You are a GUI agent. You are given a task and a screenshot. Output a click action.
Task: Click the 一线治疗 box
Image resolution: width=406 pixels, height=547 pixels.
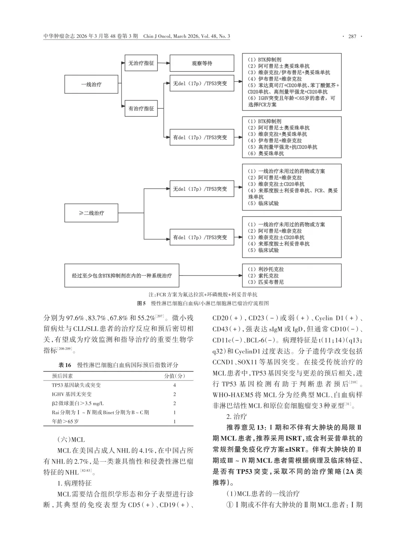pyautogui.click(x=91, y=85)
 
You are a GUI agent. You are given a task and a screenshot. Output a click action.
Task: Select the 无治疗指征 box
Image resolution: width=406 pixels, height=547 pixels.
pyautogui.click(x=141, y=63)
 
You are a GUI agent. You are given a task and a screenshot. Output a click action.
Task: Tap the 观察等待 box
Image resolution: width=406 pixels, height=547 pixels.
pyautogui.click(x=202, y=63)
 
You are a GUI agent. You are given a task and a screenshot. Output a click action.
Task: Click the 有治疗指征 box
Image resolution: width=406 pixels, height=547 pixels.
pyautogui.click(x=141, y=109)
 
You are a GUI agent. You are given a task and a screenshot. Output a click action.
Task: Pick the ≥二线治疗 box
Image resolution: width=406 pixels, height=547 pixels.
pyautogui.click(x=91, y=213)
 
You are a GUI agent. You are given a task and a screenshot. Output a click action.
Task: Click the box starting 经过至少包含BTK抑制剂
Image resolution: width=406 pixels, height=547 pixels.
pyautogui.click(x=122, y=276)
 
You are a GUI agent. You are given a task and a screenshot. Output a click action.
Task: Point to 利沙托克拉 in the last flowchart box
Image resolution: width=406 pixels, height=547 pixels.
pyautogui.click(x=271, y=269)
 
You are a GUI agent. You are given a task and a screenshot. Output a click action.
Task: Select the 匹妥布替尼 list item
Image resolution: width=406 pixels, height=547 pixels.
pyautogui.click(x=271, y=282)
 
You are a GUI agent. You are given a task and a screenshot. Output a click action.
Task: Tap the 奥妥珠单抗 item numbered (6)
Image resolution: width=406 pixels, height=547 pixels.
pyautogui.click(x=271, y=153)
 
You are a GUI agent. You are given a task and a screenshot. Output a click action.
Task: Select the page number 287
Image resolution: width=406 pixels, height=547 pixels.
pyautogui.click(x=352, y=36)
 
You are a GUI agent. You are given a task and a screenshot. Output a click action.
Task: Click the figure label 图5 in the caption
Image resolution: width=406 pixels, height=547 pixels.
pyautogui.click(x=141, y=303)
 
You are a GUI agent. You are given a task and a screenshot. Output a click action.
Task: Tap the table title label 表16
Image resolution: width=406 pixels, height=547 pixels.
pyautogui.click(x=65, y=365)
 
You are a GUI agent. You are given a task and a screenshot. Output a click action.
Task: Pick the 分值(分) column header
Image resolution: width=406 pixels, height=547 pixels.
pyautogui.click(x=174, y=376)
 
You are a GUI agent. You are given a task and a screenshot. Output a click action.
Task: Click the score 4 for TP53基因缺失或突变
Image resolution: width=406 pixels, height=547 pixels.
pyautogui.click(x=174, y=385)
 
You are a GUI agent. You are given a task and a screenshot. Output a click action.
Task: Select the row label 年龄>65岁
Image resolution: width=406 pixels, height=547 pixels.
pyautogui.click(x=65, y=421)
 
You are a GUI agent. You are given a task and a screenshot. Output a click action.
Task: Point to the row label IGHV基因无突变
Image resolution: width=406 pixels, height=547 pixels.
pyautogui.click(x=72, y=394)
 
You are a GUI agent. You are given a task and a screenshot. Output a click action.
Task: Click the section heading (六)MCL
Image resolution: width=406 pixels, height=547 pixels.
pyautogui.click(x=71, y=439)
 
